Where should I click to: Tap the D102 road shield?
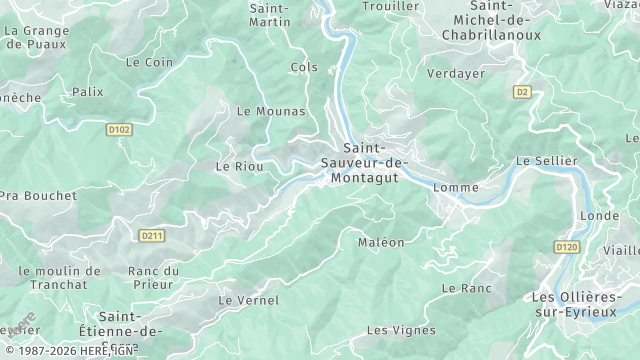click(x=119, y=129)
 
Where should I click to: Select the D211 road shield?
click(x=152, y=236)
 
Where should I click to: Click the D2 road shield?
click(x=522, y=92)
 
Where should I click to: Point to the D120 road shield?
click(x=565, y=246)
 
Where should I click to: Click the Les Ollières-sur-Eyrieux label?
click(x=584, y=305)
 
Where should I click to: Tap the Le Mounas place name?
click(x=271, y=111)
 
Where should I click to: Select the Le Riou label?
click(x=240, y=166)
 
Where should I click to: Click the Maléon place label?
click(x=381, y=242)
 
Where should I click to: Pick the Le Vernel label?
click(x=249, y=300)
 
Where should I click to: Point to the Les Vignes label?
click(x=401, y=330)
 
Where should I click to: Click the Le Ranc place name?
click(x=466, y=288)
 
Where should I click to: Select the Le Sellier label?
click(x=546, y=161)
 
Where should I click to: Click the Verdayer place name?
click(x=455, y=73)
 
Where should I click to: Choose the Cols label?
click(x=303, y=67)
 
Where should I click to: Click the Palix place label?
click(x=87, y=92)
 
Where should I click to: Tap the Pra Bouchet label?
click(x=38, y=196)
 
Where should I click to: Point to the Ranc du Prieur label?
click(x=153, y=278)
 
